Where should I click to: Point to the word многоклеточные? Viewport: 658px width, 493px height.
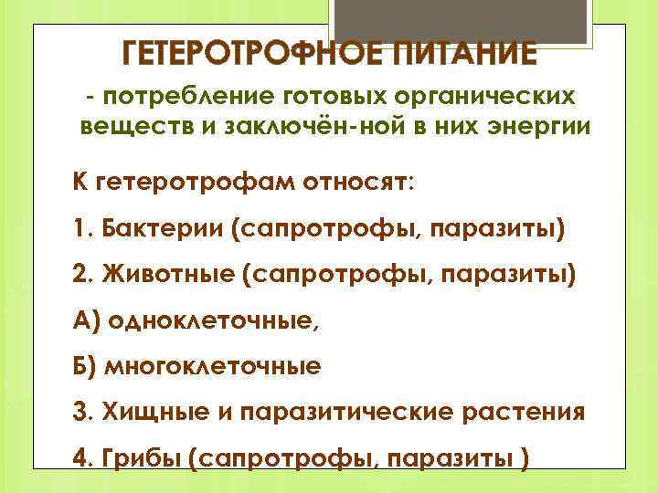tap(215, 367)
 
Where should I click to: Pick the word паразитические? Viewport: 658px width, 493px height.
tap(346, 413)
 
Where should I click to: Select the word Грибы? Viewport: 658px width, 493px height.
tap(143, 458)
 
